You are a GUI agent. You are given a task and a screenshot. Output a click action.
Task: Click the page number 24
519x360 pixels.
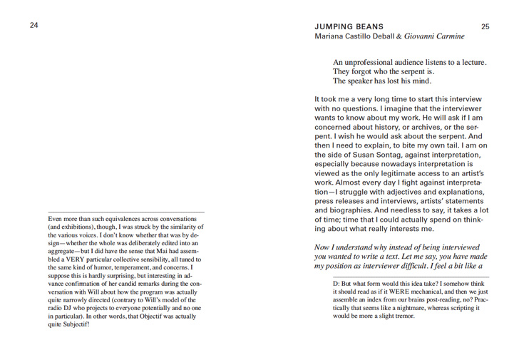coord(34,26)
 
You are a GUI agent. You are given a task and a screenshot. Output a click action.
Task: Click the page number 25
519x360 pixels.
coord(485,26)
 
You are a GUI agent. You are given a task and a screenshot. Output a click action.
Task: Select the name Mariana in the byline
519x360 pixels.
coord(332,36)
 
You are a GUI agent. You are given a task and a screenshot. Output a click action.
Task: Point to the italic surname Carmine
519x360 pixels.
coord(448,36)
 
